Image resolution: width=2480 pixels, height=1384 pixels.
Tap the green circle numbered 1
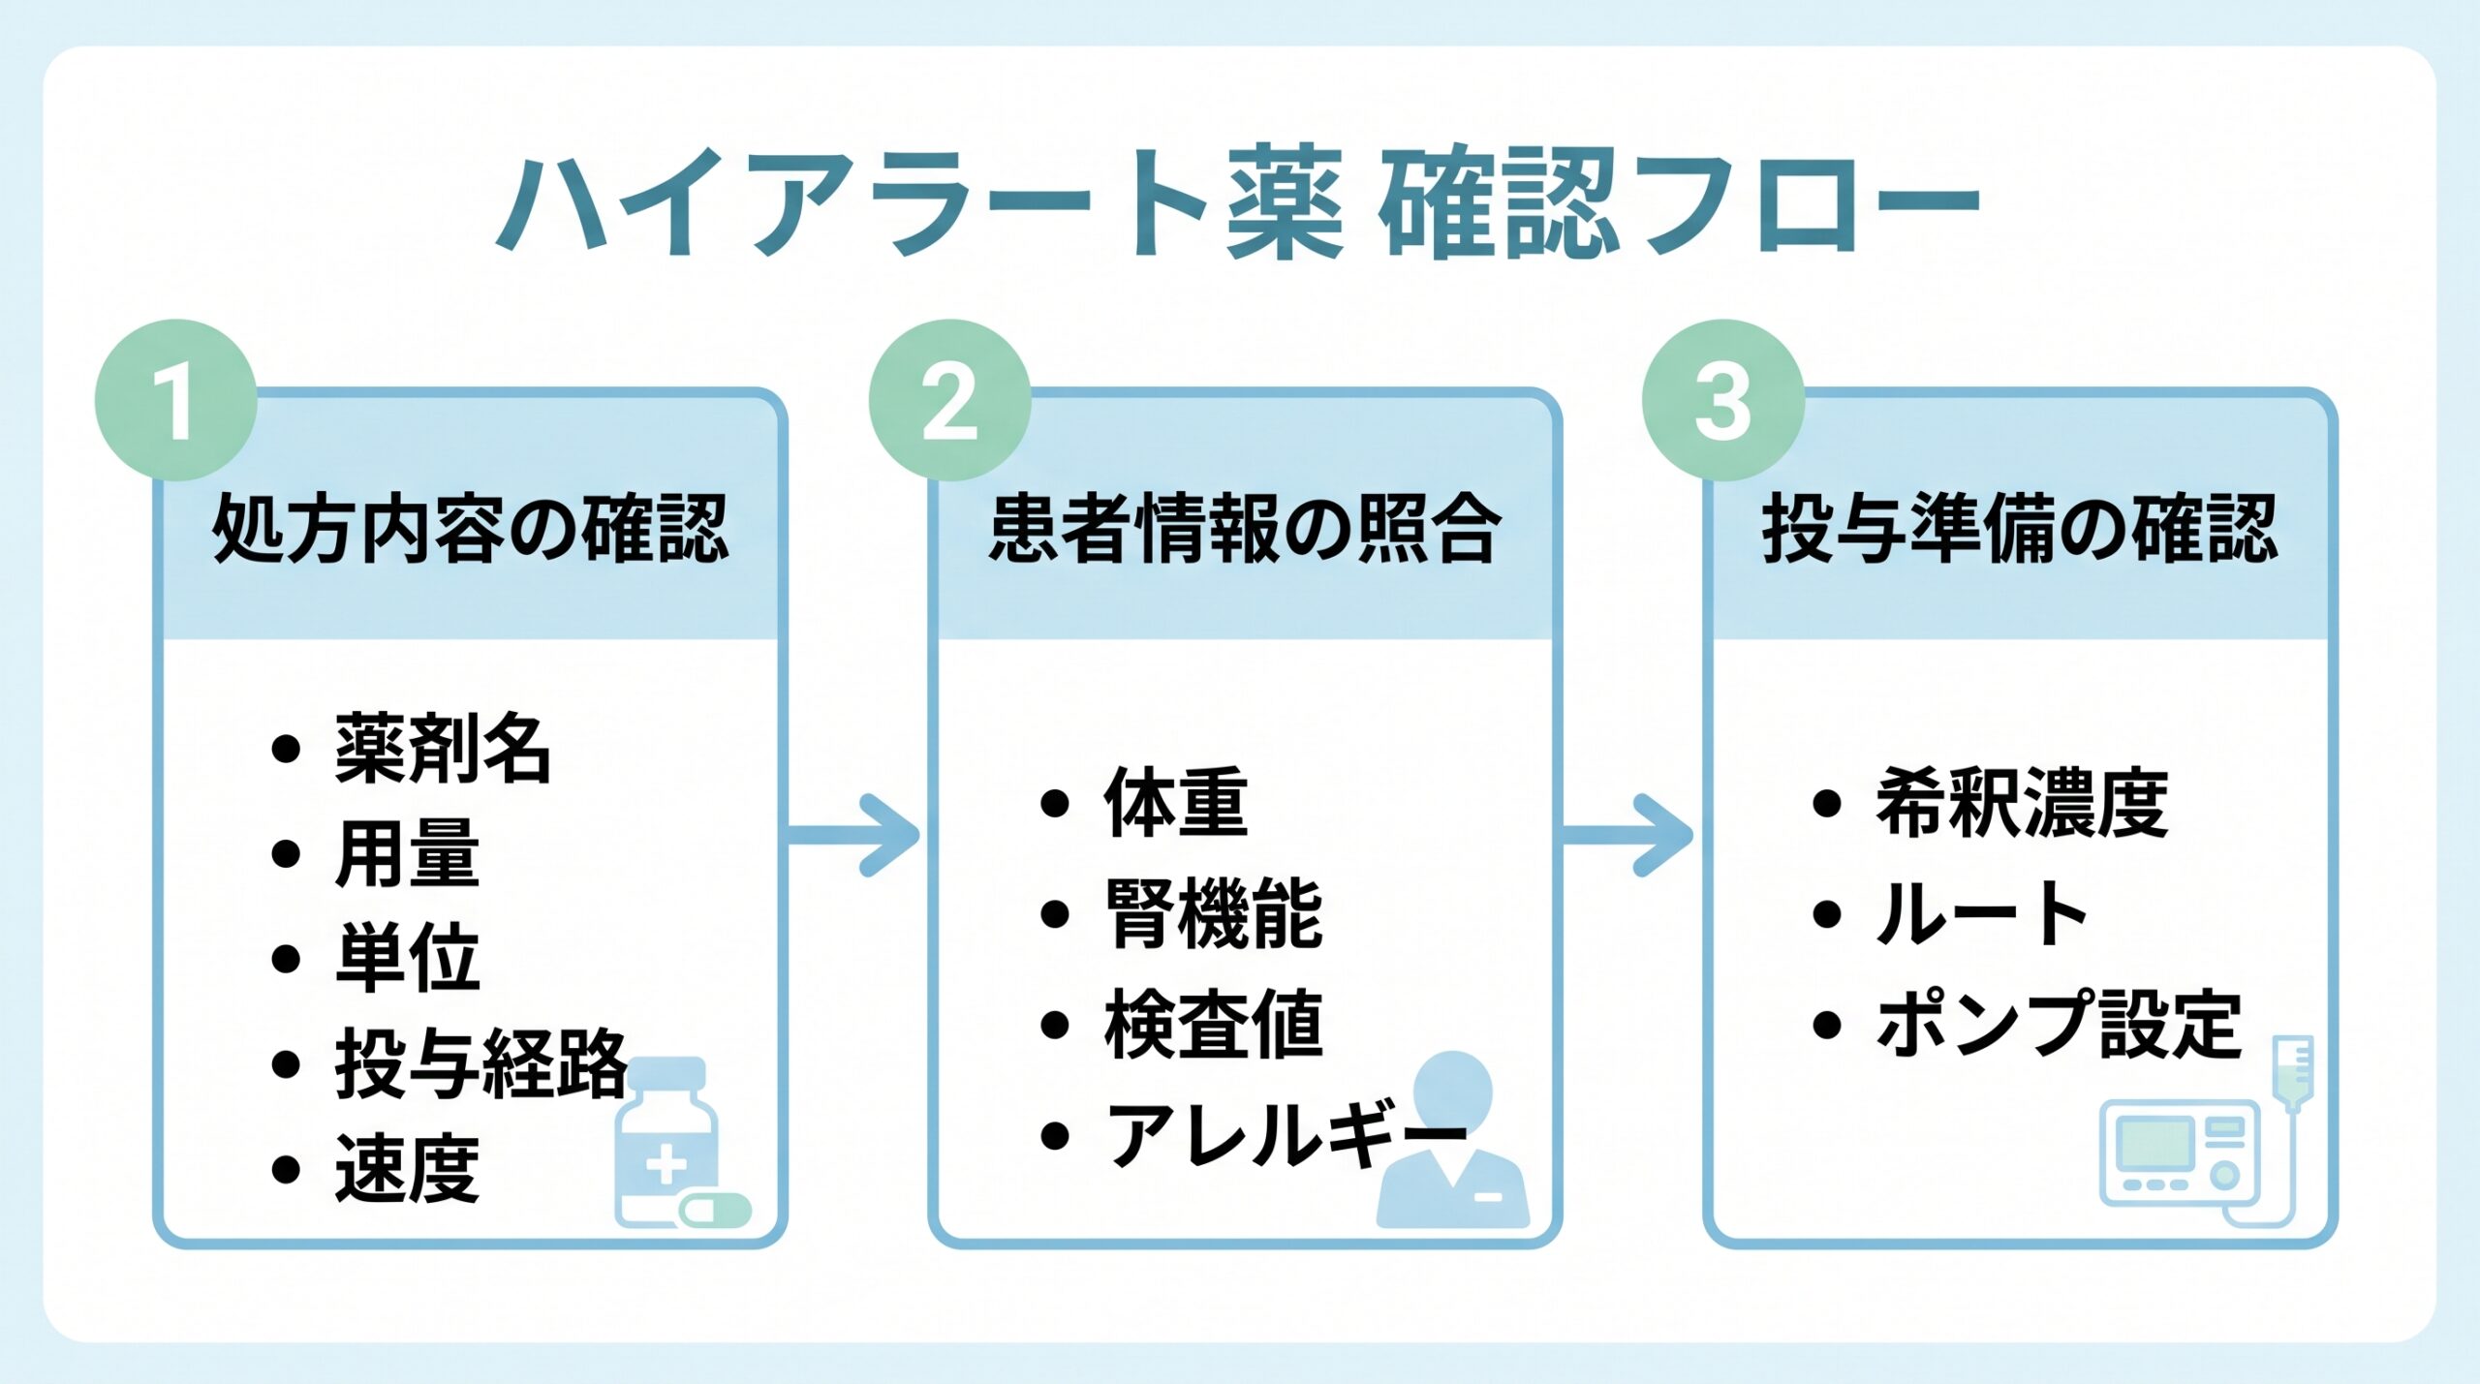[175, 401]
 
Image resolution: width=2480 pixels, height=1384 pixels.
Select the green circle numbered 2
[949, 401]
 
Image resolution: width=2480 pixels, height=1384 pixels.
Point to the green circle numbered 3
[1722, 401]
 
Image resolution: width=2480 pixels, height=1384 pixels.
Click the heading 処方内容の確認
[470, 529]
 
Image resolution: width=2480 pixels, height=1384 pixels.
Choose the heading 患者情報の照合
[1245, 529]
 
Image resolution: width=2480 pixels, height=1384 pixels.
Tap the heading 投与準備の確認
[2020, 529]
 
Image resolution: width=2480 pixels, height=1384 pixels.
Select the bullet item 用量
[407, 853]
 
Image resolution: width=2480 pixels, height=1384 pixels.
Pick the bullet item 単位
[407, 958]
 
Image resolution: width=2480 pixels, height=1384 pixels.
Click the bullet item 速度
[407, 1169]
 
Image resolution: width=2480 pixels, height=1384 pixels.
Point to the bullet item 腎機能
[1214, 913]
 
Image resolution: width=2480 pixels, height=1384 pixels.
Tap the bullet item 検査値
[1214, 1025]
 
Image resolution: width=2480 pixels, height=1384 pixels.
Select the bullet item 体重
[1176, 803]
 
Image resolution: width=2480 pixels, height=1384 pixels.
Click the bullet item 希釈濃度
[2022, 803]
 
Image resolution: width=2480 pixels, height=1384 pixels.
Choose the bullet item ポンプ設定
[2059, 1025]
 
